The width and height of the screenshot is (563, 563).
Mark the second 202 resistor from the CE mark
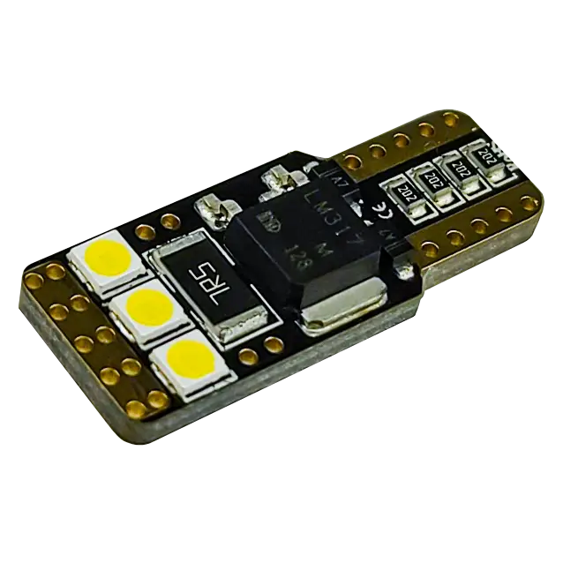click(432, 178)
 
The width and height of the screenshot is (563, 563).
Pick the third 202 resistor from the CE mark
click(459, 166)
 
